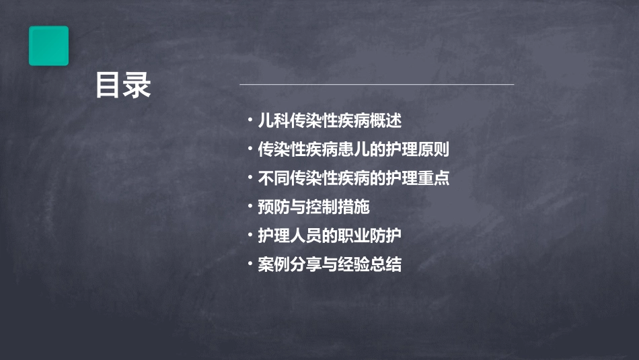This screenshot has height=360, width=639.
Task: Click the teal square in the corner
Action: pyautogui.click(x=48, y=46)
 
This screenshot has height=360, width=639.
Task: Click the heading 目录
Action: pyautogui.click(x=122, y=85)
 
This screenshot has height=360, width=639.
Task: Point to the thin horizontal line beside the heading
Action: pyautogui.click(x=377, y=85)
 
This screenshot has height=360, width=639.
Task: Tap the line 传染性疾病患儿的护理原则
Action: pyautogui.click(x=353, y=149)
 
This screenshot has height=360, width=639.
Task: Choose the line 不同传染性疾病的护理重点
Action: pyautogui.click(x=353, y=178)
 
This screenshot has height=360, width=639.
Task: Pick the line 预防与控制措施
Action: pyautogui.click(x=313, y=207)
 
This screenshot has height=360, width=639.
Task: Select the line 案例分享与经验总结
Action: pyautogui.click(x=330, y=264)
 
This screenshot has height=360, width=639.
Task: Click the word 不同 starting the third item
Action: pyautogui.click(x=273, y=178)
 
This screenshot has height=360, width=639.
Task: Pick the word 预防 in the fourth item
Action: pyautogui.click(x=273, y=207)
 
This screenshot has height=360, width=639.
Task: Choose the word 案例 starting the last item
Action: pyautogui.click(x=273, y=264)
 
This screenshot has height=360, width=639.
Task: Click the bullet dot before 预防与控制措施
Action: pyautogui.click(x=250, y=207)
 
